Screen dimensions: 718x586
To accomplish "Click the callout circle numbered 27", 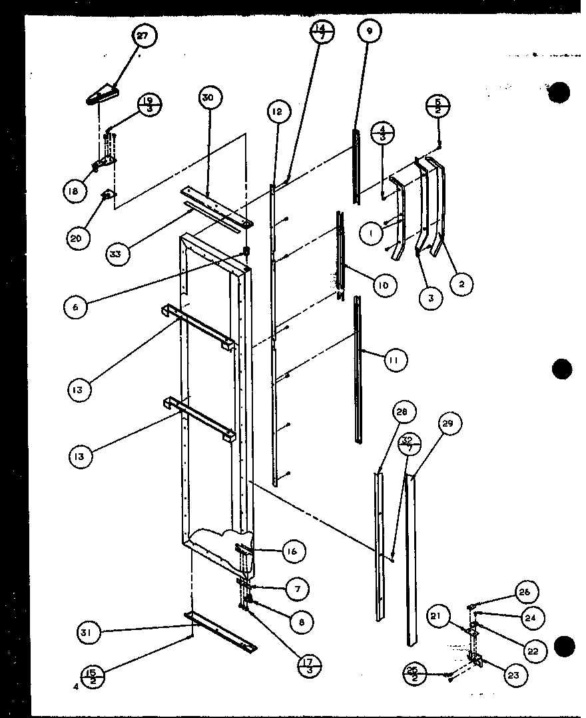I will (143, 37).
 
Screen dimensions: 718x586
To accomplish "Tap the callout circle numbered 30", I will (208, 97).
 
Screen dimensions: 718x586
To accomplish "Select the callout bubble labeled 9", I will (368, 30).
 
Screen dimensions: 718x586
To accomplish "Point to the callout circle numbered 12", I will (279, 111).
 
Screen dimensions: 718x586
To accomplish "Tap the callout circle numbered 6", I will (76, 307).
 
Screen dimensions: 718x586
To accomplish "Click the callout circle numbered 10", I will (384, 286).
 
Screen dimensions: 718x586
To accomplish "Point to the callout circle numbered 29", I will (451, 423).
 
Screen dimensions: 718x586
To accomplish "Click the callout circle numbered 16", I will (294, 551).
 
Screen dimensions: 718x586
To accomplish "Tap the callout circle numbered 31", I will (89, 632).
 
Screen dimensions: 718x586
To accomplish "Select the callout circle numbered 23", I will (513, 675).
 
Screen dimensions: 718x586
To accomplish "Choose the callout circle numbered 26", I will (526, 592).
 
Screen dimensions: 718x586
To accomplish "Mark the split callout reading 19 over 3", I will (150, 107).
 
